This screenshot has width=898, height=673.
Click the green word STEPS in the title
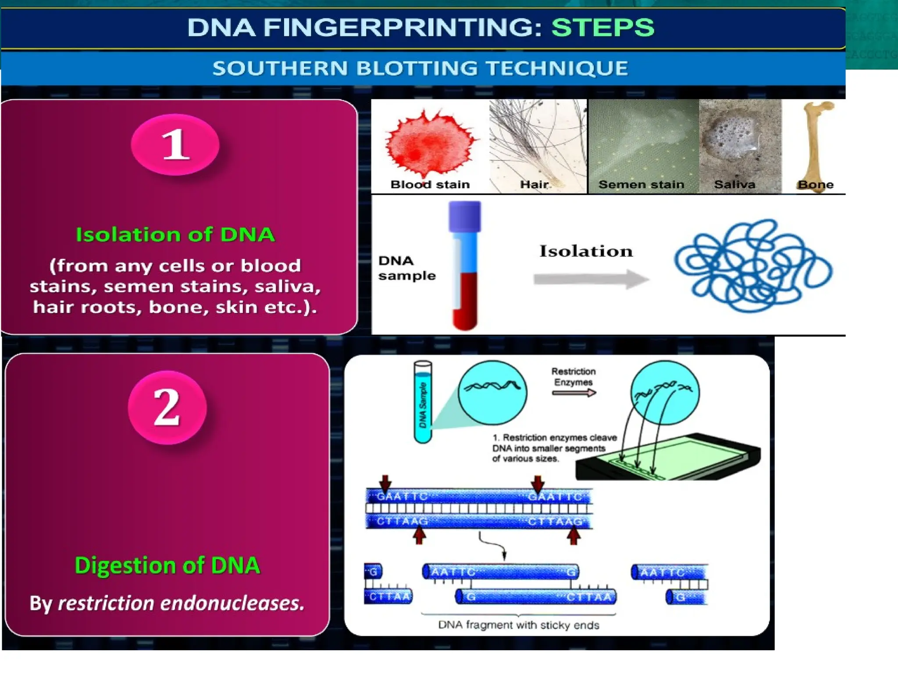coord(602,28)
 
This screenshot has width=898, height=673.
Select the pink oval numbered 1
coord(175,145)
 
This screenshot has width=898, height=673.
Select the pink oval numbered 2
coord(167,407)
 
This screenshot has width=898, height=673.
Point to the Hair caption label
coord(534,184)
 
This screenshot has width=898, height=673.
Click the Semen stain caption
coord(641,184)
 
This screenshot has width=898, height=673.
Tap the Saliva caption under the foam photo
coord(734,184)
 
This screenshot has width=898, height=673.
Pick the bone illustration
coord(816,140)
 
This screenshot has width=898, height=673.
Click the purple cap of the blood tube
coord(464,216)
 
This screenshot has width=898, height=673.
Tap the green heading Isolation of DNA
coord(175,235)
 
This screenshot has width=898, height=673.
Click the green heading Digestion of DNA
coord(167,565)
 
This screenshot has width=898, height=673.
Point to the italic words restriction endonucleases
coord(181,603)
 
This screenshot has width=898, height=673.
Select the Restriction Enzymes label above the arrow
coord(573,377)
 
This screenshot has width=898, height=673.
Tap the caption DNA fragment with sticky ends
coord(518,625)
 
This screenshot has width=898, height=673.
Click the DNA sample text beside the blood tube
coord(406,268)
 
